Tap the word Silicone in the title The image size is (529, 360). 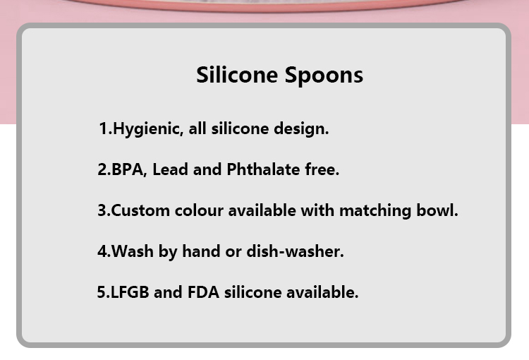(237, 74)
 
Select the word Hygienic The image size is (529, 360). (148, 129)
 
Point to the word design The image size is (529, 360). (301, 129)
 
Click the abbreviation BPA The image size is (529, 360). (128, 169)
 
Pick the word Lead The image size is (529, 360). (171, 169)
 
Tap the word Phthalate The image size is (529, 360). (263, 169)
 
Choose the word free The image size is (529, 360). (322, 169)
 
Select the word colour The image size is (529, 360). (199, 211)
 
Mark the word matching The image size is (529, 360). (375, 211)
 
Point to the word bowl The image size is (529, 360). (437, 210)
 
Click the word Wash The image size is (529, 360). (133, 251)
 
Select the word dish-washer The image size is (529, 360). (296, 251)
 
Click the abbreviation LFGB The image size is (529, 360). (130, 292)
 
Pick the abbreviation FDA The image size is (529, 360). (203, 292)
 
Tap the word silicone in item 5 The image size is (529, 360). (253, 292)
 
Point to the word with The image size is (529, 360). (317, 210)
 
